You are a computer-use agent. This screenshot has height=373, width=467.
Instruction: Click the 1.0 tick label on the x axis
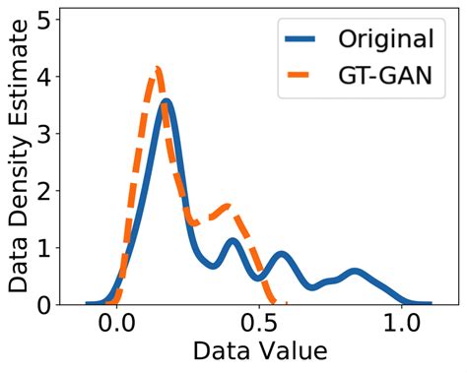point(402,324)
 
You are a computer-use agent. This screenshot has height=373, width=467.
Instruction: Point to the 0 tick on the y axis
point(44,305)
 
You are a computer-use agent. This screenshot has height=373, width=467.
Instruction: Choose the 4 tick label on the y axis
point(44,77)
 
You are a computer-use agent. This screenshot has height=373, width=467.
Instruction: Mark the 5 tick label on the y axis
point(44,20)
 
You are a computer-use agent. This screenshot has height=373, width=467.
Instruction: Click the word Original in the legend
point(385,39)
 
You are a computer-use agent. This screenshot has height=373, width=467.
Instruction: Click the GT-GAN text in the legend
point(386,77)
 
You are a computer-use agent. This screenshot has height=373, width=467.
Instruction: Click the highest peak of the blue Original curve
point(167,101)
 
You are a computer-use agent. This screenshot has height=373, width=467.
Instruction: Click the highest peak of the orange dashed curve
point(156,69)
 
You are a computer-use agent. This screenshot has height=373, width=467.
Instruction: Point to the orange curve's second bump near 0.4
point(230,207)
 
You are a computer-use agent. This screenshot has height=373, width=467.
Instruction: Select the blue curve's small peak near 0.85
point(355,271)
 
